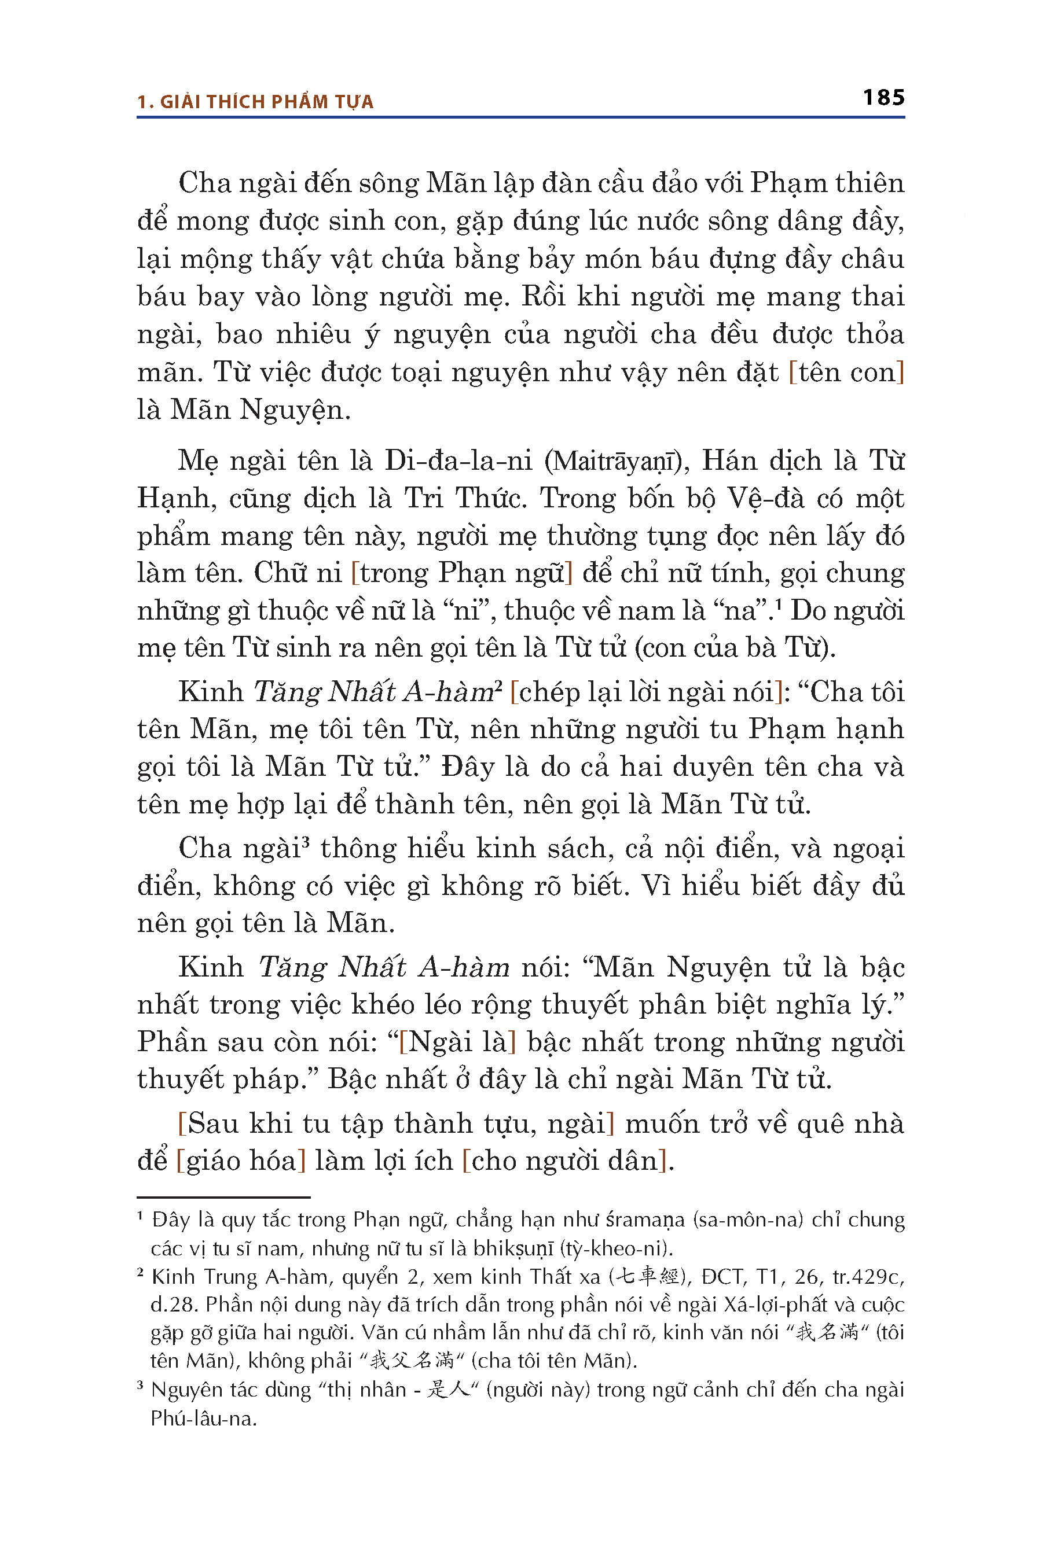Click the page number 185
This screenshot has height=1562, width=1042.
[883, 98]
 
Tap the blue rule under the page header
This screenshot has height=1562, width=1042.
[520, 117]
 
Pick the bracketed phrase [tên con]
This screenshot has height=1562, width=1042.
[846, 373]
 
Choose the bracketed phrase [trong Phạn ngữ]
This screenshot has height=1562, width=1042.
[462, 573]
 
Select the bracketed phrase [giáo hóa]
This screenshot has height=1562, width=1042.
[241, 1161]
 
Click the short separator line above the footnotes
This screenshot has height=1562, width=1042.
[223, 1197]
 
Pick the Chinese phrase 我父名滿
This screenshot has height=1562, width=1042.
[412, 1361]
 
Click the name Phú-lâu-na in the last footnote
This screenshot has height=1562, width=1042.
[203, 1419]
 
